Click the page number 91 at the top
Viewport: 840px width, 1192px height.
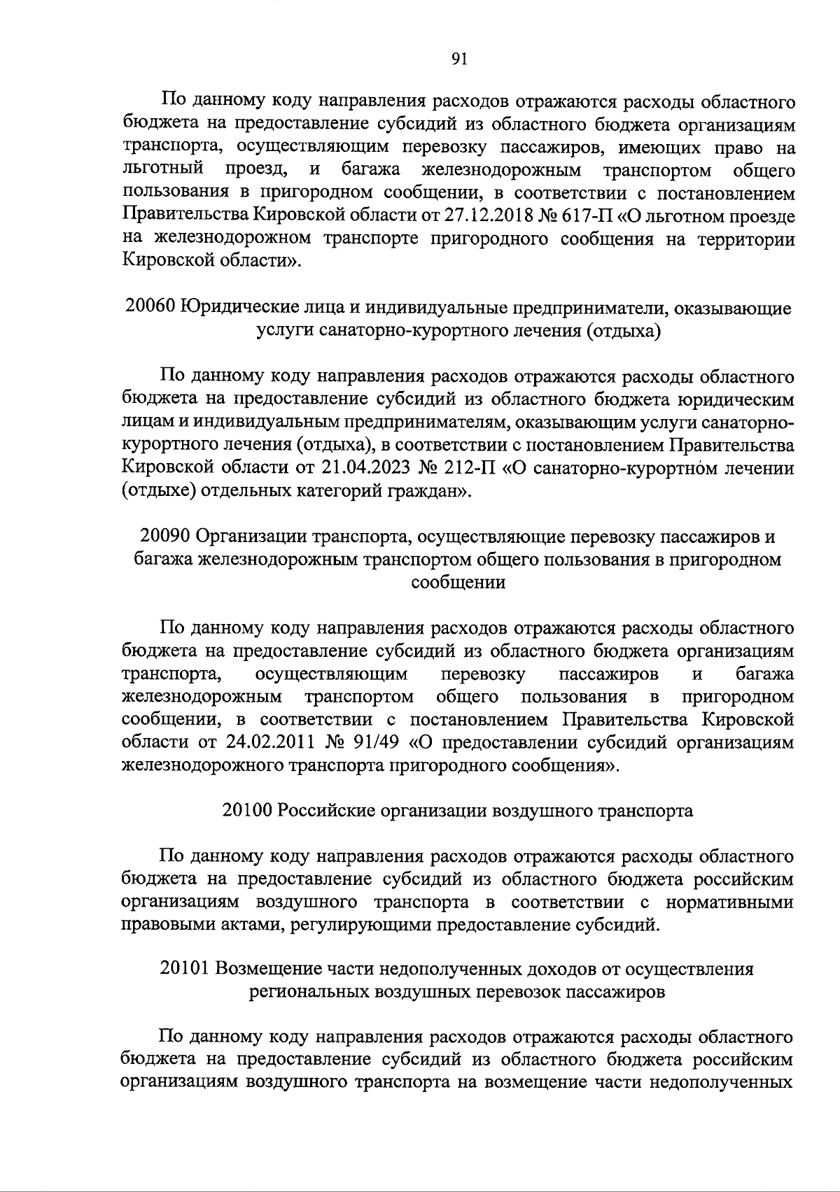(x=458, y=59)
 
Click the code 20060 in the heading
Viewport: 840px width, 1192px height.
(x=150, y=307)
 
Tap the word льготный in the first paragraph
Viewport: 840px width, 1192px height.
(x=162, y=170)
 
